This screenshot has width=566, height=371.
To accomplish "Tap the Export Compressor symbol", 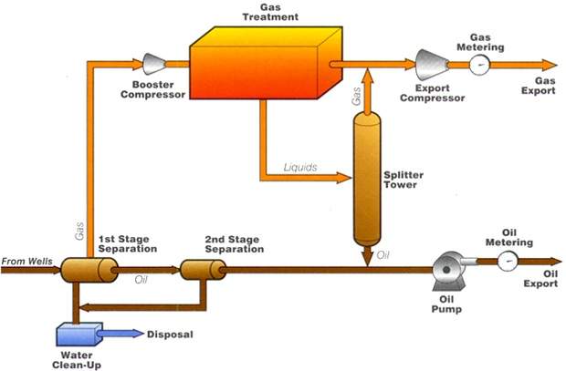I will click(x=430, y=64).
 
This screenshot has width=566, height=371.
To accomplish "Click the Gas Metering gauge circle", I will click(x=477, y=65).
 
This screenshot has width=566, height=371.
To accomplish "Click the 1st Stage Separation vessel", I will click(x=89, y=270).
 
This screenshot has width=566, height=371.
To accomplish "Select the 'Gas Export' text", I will click(x=539, y=84).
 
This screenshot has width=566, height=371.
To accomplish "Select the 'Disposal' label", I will click(x=171, y=335).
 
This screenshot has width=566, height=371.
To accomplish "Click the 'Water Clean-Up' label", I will click(x=83, y=360).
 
